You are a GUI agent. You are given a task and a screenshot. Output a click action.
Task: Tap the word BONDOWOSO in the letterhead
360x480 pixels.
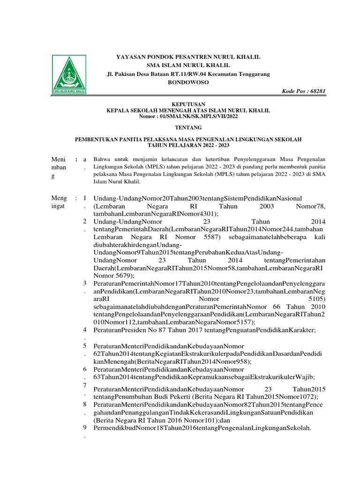coord(188,82)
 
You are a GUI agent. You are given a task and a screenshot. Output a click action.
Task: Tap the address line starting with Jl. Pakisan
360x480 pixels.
coord(188,74)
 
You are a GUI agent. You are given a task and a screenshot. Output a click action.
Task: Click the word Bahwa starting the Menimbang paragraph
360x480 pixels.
coord(102,159)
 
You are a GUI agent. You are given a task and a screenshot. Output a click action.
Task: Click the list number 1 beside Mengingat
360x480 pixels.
coord(84,198)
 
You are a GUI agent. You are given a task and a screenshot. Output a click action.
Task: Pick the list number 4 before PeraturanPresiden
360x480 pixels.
coord(84,330)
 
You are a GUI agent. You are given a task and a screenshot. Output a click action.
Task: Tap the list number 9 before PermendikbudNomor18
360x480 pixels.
coord(84,427)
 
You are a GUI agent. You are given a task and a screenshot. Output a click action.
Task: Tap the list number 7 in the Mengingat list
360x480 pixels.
coord(84,385)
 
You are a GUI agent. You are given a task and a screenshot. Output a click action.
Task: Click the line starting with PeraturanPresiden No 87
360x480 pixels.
coord(204,330)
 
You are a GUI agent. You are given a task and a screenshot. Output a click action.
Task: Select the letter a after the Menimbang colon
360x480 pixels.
coord(85,160)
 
